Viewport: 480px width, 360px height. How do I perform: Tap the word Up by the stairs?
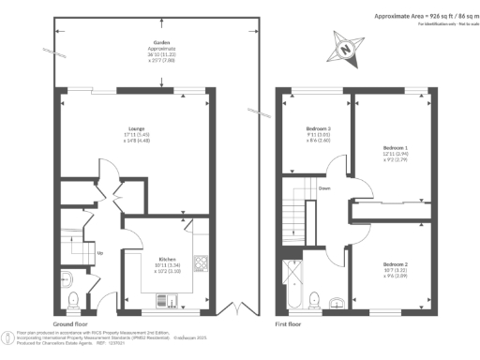pos(100,252)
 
